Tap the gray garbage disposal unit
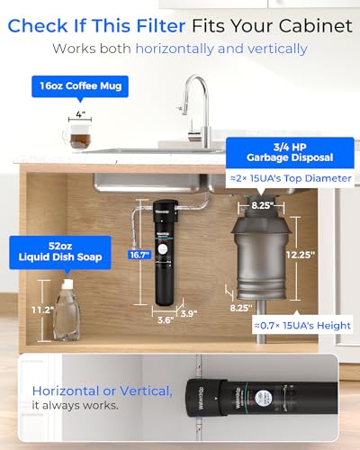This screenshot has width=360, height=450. [x=258, y=256]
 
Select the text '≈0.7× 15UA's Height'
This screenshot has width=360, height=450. [x=301, y=325]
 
